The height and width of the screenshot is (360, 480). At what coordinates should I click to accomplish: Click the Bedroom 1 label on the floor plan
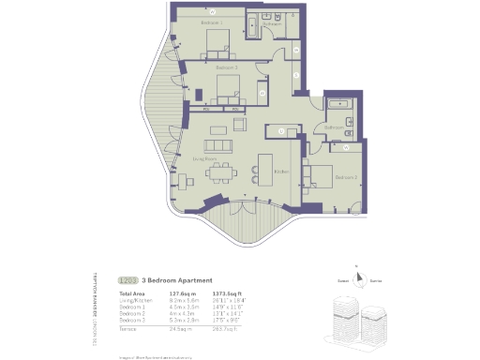tap(211, 22)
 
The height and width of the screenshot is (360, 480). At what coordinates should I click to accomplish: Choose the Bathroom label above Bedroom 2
tap(336, 127)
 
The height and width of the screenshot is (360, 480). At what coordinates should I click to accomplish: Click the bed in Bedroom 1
tap(217, 40)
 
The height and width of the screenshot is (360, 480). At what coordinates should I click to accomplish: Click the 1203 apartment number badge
tap(127, 279)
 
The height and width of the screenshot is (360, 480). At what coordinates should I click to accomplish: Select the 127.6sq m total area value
tap(180, 294)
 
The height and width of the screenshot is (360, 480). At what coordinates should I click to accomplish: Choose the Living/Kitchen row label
tap(136, 301)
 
